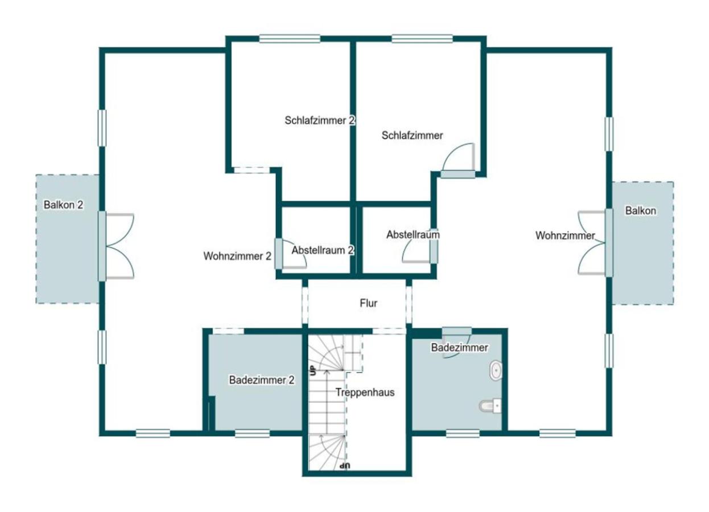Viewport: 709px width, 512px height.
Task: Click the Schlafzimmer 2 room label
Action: pyautogui.click(x=319, y=121)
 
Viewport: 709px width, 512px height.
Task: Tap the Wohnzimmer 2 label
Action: pyautogui.click(x=237, y=256)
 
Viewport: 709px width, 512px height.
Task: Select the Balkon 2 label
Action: pyautogui.click(x=63, y=205)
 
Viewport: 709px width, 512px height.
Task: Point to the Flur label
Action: pyautogui.click(x=368, y=303)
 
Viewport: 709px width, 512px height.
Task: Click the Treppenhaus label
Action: pyautogui.click(x=365, y=393)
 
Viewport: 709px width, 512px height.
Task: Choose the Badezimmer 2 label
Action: pyautogui.click(x=262, y=379)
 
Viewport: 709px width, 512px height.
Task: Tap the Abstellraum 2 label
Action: pyautogui.click(x=323, y=250)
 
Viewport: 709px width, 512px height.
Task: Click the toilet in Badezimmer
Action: pyautogui.click(x=490, y=406)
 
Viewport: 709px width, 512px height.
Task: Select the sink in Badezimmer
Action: pyautogui.click(x=496, y=370)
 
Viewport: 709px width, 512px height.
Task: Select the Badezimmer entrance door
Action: pyautogui.click(x=456, y=342)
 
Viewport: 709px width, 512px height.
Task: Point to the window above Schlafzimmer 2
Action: pyautogui.click(x=290, y=39)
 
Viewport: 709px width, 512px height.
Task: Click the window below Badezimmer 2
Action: pyautogui.click(x=252, y=433)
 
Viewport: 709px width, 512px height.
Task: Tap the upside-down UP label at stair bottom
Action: pyautogui.click(x=345, y=466)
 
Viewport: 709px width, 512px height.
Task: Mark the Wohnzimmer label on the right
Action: pyautogui.click(x=565, y=236)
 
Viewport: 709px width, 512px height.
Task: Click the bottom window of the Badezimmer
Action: pyautogui.click(x=463, y=433)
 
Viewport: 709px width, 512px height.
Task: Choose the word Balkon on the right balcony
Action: pyautogui.click(x=641, y=210)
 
